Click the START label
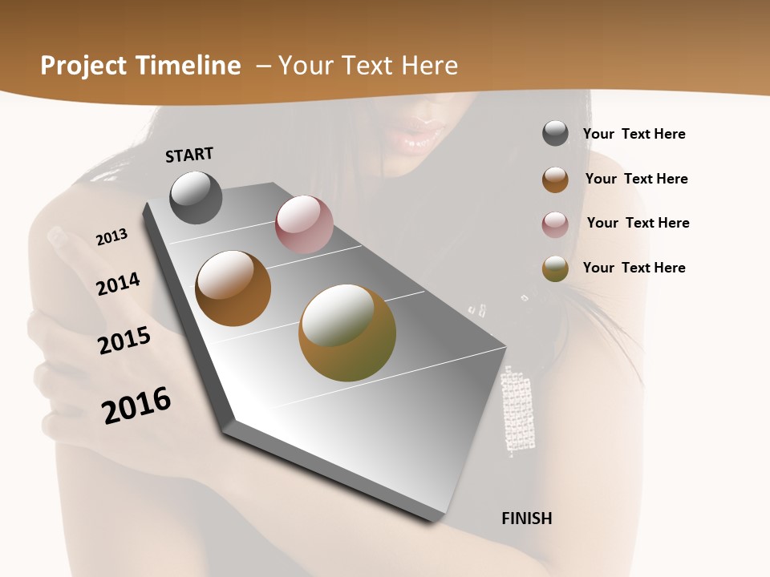189,154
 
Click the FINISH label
526,518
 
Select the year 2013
111,237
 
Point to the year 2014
118,284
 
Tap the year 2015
124,341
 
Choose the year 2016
136,406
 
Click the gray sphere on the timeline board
197,197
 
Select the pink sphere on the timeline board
304,224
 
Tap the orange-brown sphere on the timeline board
233,288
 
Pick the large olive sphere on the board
347,333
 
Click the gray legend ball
555,134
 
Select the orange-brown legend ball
555,179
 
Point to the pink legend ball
555,224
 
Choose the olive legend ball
555,268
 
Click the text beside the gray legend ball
634,134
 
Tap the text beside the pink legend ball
638,223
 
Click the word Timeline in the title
189,66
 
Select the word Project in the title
82,66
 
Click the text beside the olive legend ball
634,268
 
